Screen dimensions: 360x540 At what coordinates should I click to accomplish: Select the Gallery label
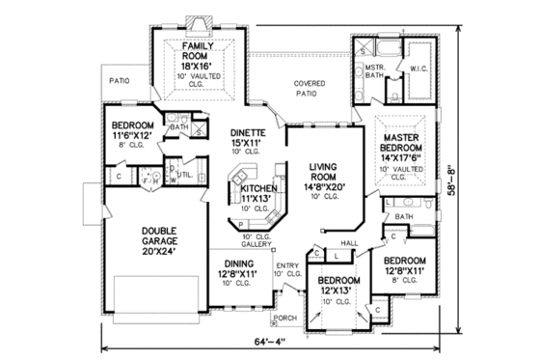pyautogui.click(x=257, y=241)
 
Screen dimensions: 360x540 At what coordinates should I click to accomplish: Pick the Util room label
pyautogui.click(x=183, y=174)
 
